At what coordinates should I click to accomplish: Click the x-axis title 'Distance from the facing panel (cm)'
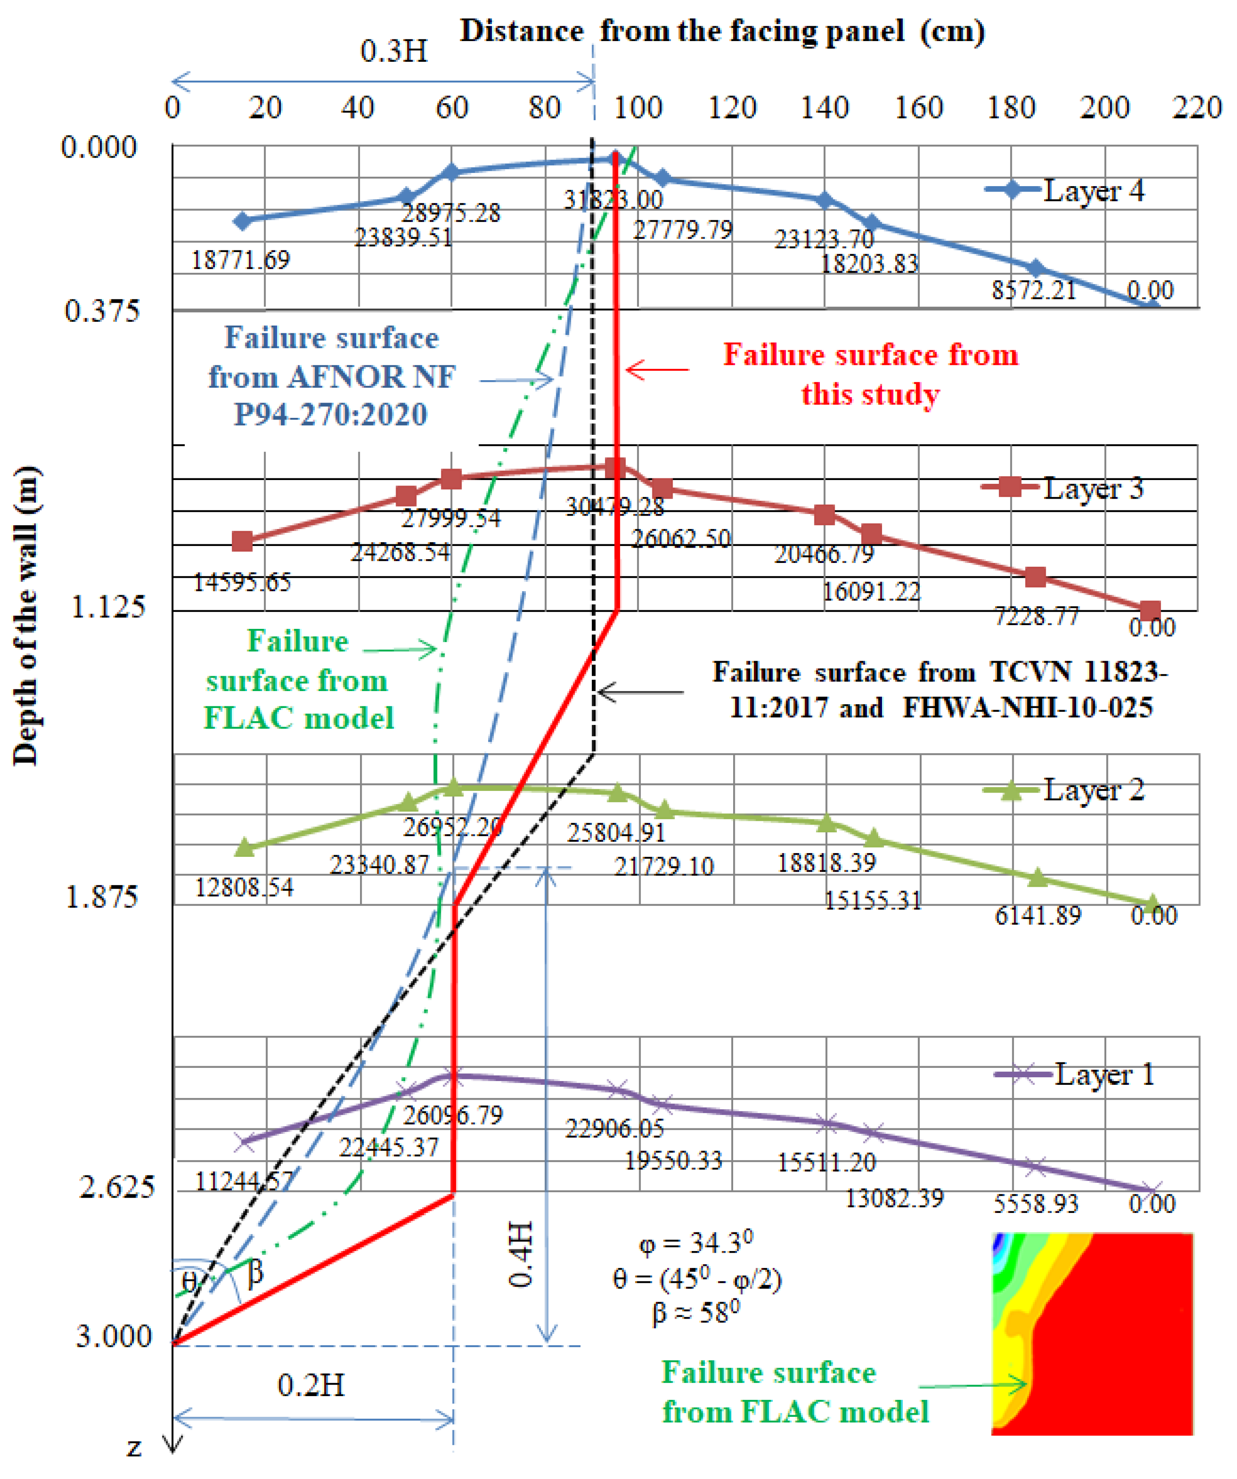722,32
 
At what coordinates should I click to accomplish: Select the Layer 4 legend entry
1064,191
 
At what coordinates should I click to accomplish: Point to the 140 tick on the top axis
824,108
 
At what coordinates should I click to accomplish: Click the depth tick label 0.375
102,310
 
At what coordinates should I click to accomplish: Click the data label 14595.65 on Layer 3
242,582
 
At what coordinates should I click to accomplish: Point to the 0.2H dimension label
311,1386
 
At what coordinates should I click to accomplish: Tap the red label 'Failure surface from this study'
871,374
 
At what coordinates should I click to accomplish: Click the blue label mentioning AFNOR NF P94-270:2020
331,376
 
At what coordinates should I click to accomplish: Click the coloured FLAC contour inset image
1092,1333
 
